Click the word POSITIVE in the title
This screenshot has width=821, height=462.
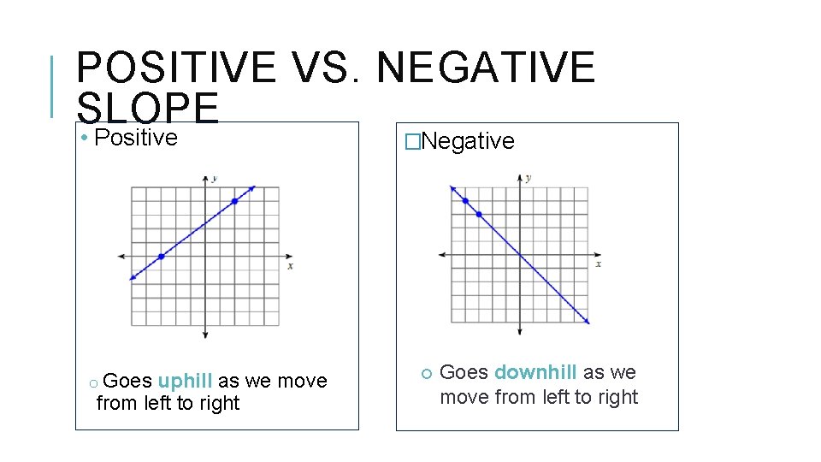point(175,68)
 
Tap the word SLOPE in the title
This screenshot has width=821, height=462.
point(147,109)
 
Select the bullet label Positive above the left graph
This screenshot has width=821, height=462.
point(136,138)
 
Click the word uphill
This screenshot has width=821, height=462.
point(185,381)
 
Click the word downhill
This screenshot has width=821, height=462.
point(535,373)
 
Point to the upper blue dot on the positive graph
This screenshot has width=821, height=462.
point(235,202)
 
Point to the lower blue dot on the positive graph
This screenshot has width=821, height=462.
point(161,256)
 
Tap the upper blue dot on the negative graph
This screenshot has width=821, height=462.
point(465,201)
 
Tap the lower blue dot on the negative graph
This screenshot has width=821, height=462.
point(479,214)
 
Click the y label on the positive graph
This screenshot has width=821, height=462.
point(214,178)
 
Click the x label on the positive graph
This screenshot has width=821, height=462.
point(291,266)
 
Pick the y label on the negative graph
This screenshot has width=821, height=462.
point(528,178)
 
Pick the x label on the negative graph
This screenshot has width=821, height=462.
point(598,264)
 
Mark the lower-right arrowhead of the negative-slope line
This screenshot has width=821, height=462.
point(587,321)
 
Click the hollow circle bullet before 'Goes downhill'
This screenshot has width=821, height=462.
point(425,373)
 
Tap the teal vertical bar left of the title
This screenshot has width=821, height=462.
point(53,86)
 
